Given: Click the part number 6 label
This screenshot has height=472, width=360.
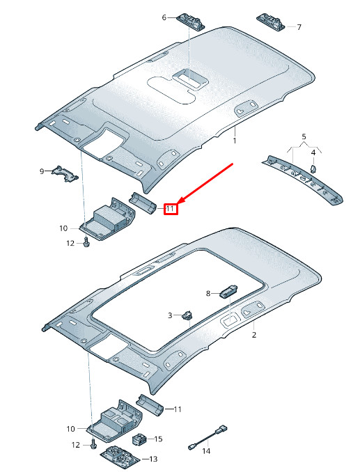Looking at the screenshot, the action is coord(164,18).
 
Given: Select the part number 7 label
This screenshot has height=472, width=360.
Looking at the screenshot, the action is coord(299,27).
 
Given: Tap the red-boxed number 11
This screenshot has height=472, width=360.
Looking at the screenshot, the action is coord(171,208).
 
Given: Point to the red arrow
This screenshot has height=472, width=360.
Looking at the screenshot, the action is coord(206,182).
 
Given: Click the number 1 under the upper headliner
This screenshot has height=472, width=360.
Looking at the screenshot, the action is coord(235,141).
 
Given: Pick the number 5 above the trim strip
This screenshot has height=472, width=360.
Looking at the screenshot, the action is coord(304,136).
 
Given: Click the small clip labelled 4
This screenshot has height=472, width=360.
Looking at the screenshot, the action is coord(313,169).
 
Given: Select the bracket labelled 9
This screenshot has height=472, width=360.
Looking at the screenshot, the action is coord(65,173).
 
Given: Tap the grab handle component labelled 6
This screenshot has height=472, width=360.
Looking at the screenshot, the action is coord(191,22).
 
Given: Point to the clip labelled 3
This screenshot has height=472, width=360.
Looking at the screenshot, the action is coord(187,315).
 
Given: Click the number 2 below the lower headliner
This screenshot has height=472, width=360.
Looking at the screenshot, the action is coord(254,334).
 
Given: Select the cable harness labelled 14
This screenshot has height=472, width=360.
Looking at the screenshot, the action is coord(208,437).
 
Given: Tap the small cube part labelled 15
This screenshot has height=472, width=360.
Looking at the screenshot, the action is coord(139,439).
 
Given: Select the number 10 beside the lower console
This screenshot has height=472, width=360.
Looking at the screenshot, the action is coord(71,429).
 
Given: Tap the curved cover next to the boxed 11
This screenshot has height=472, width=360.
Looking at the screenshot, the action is coord(143,203).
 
